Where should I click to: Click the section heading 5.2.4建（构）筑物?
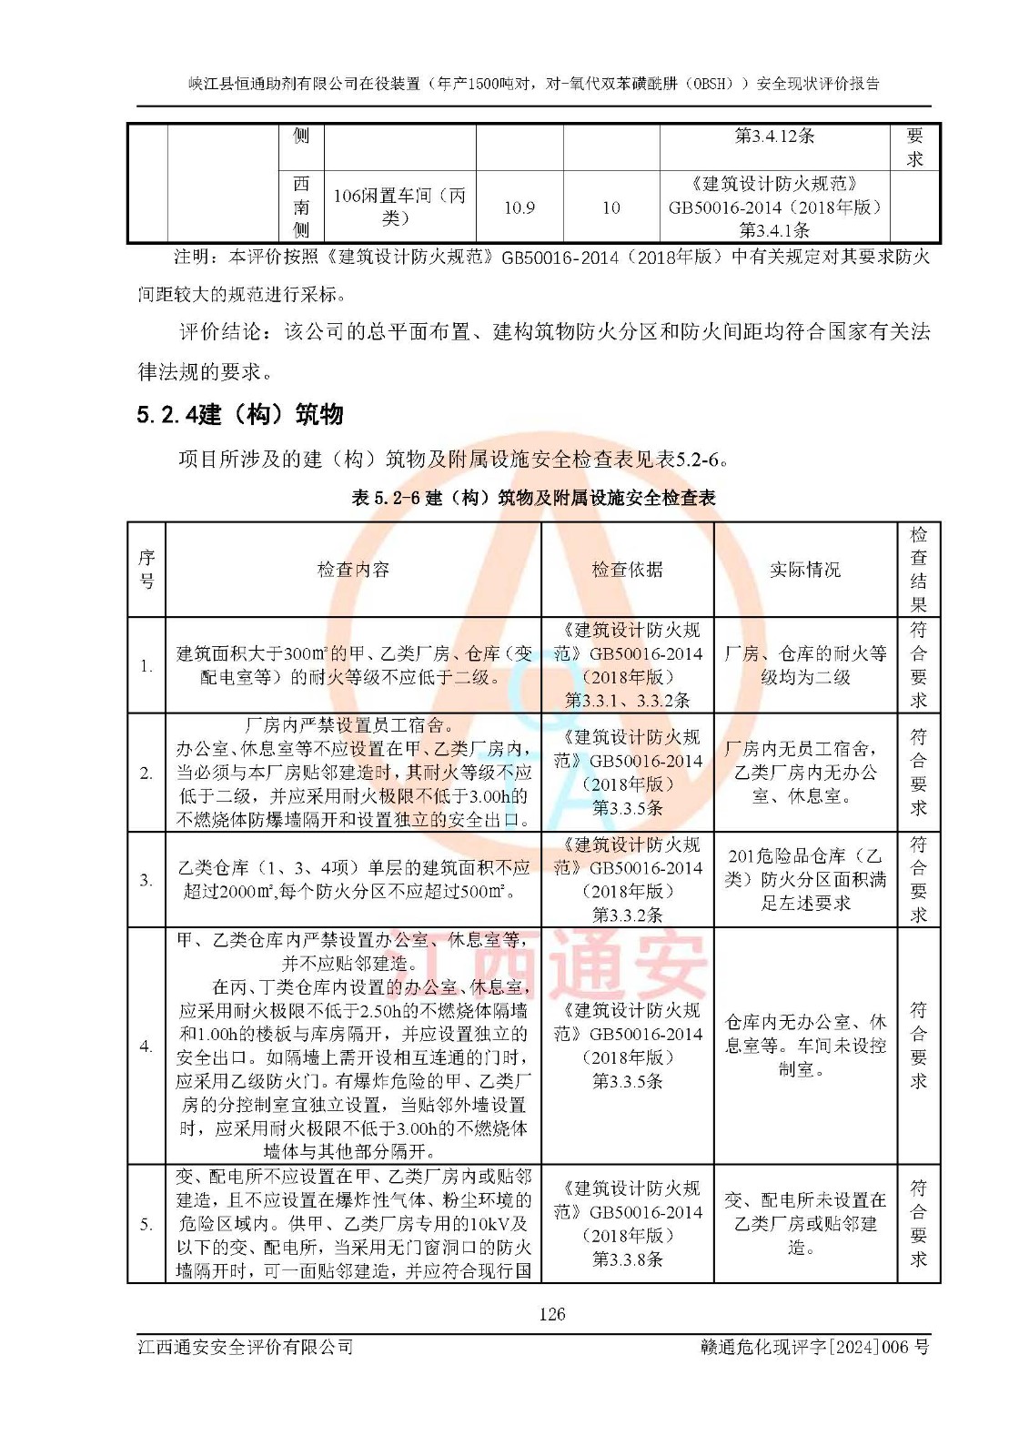[x=240, y=415]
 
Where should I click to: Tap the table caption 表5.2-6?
[x=533, y=498]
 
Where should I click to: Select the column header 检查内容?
[x=353, y=570]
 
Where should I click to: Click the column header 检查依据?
[x=627, y=570]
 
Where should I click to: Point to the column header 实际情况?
[x=805, y=570]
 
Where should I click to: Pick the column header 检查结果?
[x=918, y=570]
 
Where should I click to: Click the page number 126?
[x=551, y=1314]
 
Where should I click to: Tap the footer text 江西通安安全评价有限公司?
[x=246, y=1347]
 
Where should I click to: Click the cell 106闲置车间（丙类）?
[x=399, y=207]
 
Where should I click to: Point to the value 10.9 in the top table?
[x=520, y=208]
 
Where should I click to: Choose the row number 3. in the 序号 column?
[x=146, y=880]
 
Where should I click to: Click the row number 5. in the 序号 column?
[x=146, y=1224]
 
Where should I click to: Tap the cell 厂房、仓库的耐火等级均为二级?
[x=805, y=665]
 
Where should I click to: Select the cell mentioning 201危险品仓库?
[x=805, y=879]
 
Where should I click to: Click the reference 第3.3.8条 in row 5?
[x=627, y=1259]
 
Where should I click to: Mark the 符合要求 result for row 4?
[x=918, y=1046]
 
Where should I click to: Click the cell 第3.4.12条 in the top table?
[x=774, y=136]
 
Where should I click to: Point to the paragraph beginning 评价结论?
[x=533, y=351]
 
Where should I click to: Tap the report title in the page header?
[x=534, y=84]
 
